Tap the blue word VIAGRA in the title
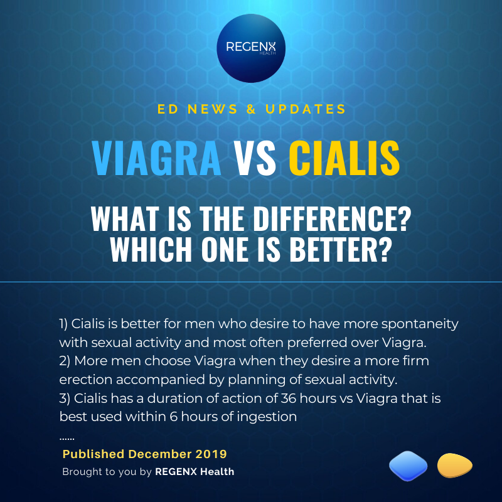tap(156, 158)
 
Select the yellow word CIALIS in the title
tap(344, 158)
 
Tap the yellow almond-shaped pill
tap(454, 466)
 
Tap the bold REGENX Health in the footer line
tap(195, 471)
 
